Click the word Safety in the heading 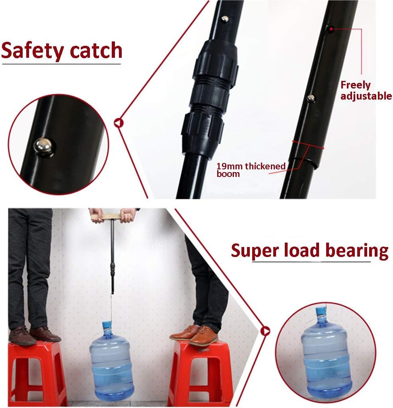(x=33, y=51)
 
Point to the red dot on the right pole (x=331, y=29)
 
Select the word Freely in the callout (x=355, y=85)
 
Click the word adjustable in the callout (x=366, y=96)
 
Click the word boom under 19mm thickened (x=228, y=174)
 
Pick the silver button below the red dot (x=311, y=98)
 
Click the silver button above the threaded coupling (x=225, y=19)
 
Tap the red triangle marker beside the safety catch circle (x=119, y=123)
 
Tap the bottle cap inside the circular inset (x=321, y=313)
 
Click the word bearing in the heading (x=357, y=251)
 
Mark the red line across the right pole (x=308, y=145)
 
